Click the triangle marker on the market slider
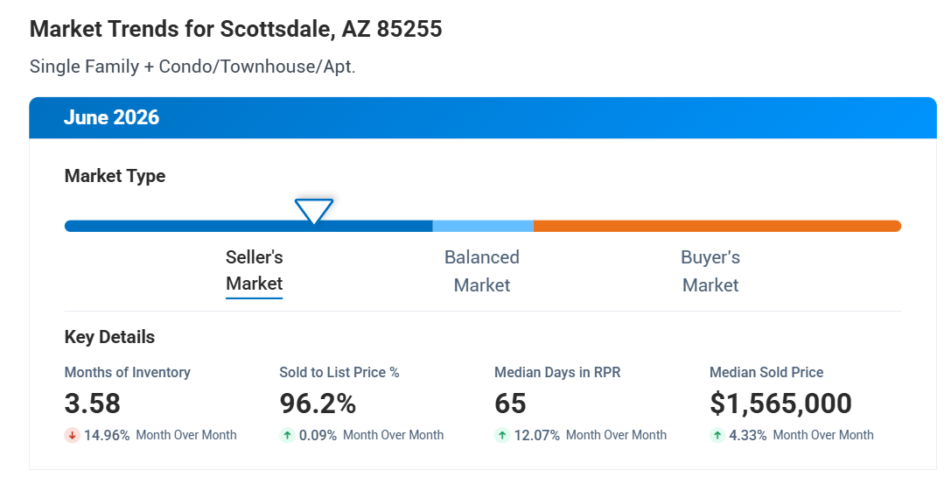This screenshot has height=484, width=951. (x=313, y=210)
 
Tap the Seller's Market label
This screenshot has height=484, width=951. (x=254, y=270)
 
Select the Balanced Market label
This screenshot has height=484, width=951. (x=482, y=271)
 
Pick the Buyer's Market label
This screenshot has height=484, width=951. (x=710, y=271)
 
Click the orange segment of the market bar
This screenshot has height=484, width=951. (x=717, y=226)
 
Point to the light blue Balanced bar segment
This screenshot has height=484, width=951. (x=483, y=226)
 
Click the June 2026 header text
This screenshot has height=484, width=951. (x=112, y=117)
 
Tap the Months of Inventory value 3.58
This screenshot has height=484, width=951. (x=92, y=403)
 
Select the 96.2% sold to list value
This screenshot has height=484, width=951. (x=318, y=403)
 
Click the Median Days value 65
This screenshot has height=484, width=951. (x=510, y=403)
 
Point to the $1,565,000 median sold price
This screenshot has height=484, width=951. (x=780, y=403)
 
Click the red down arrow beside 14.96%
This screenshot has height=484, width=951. (x=72, y=435)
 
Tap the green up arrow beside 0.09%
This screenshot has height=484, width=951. (x=287, y=435)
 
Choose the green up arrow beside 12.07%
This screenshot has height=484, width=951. (x=502, y=435)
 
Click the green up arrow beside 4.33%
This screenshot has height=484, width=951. (x=717, y=435)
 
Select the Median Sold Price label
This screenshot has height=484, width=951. (x=766, y=372)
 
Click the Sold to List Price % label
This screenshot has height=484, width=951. (x=339, y=372)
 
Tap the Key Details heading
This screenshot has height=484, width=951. (x=109, y=337)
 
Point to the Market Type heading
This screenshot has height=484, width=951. (x=115, y=176)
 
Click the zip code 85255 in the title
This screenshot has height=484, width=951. (x=409, y=29)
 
